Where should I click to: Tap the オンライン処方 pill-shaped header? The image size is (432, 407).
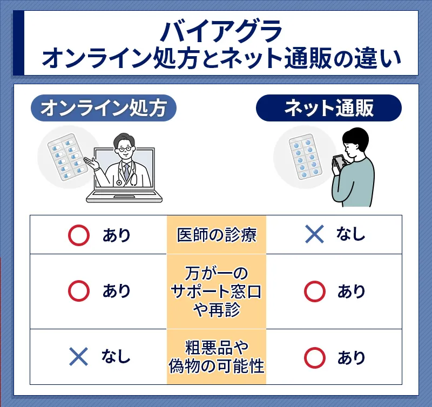pyautogui.click(x=104, y=108)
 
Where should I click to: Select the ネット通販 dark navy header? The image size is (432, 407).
pyautogui.click(x=329, y=108)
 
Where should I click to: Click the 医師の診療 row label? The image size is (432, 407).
pyautogui.click(x=217, y=235)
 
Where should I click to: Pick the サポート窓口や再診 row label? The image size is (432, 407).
pyautogui.click(x=217, y=291)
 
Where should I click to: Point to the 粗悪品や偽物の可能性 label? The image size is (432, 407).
pyautogui.click(x=217, y=357)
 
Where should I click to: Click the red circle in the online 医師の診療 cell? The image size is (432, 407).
pyautogui.click(x=79, y=235)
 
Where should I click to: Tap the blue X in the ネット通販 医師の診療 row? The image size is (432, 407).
pyautogui.click(x=315, y=234)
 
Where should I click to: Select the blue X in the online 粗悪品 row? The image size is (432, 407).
pyautogui.click(x=78, y=356)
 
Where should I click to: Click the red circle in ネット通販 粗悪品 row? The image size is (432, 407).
pyautogui.click(x=315, y=358)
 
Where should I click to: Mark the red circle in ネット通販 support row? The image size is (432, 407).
pyautogui.click(x=315, y=291)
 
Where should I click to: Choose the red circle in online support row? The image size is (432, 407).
pyautogui.click(x=79, y=291)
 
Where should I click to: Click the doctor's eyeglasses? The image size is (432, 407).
pyautogui.click(x=125, y=149)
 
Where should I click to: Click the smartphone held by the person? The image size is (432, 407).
pyautogui.click(x=339, y=162)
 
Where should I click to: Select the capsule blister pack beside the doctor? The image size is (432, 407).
pyautogui.click(x=68, y=157)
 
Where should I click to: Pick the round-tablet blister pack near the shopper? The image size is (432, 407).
pyautogui.click(x=306, y=157)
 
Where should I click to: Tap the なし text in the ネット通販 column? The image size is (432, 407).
pyautogui.click(x=350, y=234)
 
